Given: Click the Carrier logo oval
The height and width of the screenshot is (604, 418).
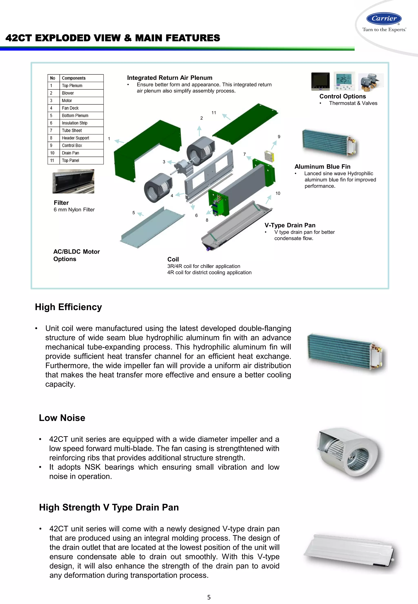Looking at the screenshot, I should pyautogui.click(x=384, y=19).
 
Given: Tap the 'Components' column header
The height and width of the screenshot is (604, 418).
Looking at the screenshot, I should pyautogui.click(x=74, y=78).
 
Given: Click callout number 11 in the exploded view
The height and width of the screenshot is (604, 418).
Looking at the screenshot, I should pyautogui.click(x=214, y=113).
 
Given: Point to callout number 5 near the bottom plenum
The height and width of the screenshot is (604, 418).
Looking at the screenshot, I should pyautogui.click(x=133, y=213).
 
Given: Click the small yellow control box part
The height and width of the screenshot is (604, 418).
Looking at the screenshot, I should pyautogui.click(x=269, y=156).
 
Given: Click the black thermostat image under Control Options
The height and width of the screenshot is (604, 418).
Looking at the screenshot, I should pyautogui.click(x=320, y=81).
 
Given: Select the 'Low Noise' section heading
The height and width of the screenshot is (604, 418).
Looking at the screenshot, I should pyautogui.click(x=62, y=418).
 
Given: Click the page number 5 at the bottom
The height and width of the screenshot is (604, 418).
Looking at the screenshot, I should pyautogui.click(x=209, y=597).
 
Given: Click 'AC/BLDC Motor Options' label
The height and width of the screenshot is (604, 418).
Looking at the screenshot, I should pyautogui.click(x=77, y=255).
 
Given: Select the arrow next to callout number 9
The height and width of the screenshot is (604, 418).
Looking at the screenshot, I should pyautogui.click(x=274, y=145).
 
